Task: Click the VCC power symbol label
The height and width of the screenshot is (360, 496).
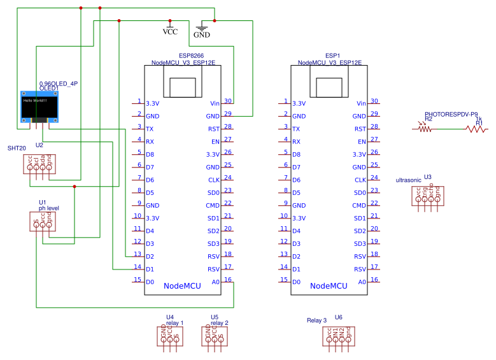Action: [x=171, y=31]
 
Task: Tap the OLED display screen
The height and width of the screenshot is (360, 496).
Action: [x=39, y=107]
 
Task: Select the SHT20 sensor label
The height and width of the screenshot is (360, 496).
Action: [x=17, y=148]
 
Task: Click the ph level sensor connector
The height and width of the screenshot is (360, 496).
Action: [x=43, y=222]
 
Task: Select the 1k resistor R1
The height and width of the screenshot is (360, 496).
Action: [x=475, y=129]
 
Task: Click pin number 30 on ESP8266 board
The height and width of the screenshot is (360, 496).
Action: [x=228, y=101]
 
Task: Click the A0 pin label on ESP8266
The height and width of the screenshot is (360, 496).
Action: [x=215, y=282]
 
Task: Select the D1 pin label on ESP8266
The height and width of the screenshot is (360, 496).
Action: [x=150, y=269]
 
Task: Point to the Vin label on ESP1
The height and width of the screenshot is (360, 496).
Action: [x=361, y=103]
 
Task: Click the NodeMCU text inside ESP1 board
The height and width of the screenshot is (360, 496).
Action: [x=329, y=286]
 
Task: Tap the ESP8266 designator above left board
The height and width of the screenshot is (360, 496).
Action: [x=190, y=56]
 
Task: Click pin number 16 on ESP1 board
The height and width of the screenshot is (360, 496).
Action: [x=374, y=279]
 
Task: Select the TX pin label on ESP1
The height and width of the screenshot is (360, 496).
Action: [x=296, y=129]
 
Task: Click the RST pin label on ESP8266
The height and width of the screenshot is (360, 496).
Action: [x=214, y=129]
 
